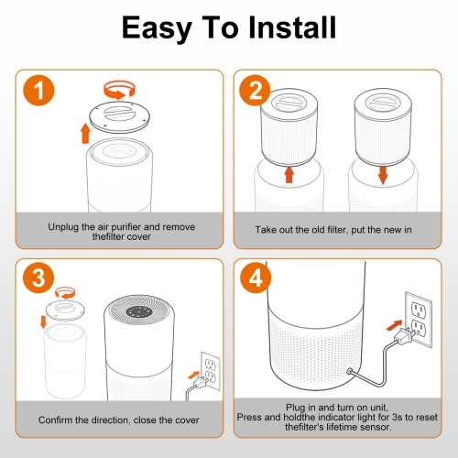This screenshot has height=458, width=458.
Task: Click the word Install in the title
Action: [x=292, y=27]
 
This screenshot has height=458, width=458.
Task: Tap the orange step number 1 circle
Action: [x=38, y=91]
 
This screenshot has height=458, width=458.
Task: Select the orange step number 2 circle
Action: [x=255, y=91]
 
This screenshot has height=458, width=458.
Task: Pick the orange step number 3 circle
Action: [x=38, y=278]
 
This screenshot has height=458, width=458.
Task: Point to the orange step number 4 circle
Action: [x=256, y=278]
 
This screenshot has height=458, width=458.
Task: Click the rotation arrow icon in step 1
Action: [x=119, y=90]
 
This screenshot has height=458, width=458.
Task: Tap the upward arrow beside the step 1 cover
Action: [x=85, y=133]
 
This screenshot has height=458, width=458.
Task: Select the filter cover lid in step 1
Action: [x=119, y=117]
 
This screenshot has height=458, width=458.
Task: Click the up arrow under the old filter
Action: [x=289, y=175]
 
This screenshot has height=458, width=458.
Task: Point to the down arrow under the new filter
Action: [x=383, y=175]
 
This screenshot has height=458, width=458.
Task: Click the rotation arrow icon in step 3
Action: [x=65, y=293]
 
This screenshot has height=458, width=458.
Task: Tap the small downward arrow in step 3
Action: [x=43, y=322]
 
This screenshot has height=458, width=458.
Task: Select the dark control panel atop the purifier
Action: [x=139, y=311]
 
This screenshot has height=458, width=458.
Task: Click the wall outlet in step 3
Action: [x=211, y=371]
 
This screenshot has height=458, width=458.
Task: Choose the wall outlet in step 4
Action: [x=419, y=320]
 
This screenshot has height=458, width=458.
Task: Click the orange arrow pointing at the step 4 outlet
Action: [x=394, y=325]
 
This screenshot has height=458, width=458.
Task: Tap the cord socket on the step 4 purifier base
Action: [x=349, y=372]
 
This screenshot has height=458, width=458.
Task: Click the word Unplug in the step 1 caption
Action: [x=63, y=227]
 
